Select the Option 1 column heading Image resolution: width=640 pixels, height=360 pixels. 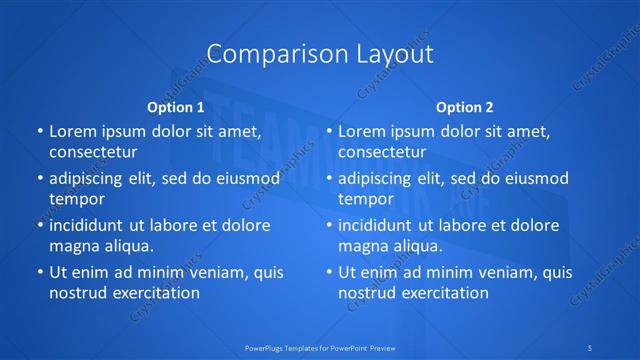[176, 106]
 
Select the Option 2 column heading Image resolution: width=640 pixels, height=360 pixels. [465, 106]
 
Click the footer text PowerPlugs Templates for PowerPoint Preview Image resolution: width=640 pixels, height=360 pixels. [320, 348]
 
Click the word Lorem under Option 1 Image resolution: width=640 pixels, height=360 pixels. [72, 131]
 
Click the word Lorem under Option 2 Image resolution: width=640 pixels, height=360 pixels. [361, 131]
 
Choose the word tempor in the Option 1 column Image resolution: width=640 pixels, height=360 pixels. [76, 199]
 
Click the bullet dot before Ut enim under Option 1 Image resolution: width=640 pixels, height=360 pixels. [39, 272]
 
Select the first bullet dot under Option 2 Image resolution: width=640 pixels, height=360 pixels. [328, 131]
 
